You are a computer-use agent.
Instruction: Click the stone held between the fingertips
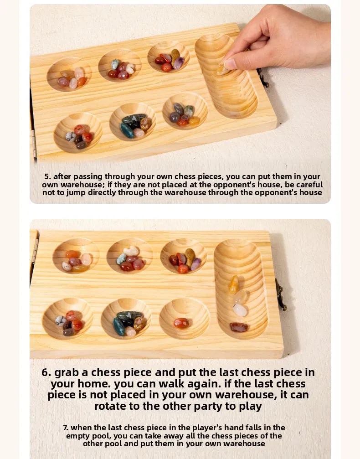tap(222, 70)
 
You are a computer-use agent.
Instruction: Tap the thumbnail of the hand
tap(230, 63)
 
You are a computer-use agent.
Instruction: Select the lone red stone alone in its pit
tap(181, 323)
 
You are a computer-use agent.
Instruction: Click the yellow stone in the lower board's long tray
tap(234, 284)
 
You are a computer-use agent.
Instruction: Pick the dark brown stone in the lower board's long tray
tap(239, 327)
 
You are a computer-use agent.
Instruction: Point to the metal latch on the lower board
tap(280, 294)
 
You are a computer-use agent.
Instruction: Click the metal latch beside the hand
tap(262, 78)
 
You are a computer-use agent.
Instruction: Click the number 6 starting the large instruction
tap(46, 372)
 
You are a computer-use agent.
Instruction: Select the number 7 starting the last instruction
tap(66, 428)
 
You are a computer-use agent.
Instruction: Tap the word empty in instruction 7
tap(78, 436)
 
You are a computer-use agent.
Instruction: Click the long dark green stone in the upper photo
tap(134, 118)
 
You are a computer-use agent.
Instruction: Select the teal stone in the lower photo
tap(119, 327)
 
